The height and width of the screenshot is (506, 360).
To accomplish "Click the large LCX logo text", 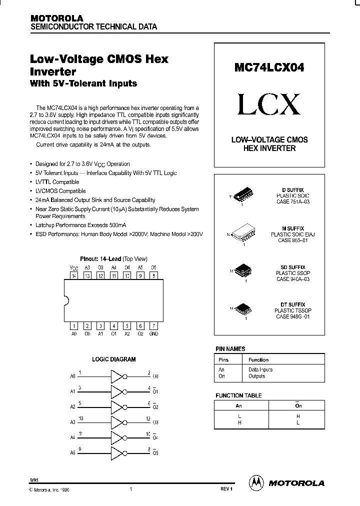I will [269, 104].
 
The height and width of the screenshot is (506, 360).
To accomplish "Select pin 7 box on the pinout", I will [153, 326].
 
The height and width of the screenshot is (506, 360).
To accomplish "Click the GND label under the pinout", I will [153, 333].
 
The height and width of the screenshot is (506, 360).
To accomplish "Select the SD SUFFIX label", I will [293, 267].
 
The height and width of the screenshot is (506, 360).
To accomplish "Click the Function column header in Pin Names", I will [258, 359].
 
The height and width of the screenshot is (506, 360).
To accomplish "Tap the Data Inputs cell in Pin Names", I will [260, 369].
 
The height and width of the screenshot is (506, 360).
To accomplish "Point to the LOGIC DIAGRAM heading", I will [114, 359].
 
